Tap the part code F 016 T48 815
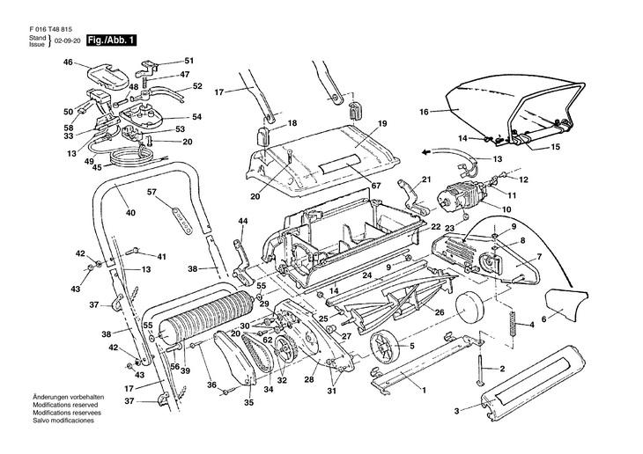click(48, 27)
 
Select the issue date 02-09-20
click(68, 41)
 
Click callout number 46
click(68, 62)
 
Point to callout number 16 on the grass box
click(423, 112)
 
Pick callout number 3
click(457, 411)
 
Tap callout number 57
click(151, 192)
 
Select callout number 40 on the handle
click(129, 211)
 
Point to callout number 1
click(423, 389)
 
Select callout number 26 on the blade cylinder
click(440, 311)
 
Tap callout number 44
click(242, 220)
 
